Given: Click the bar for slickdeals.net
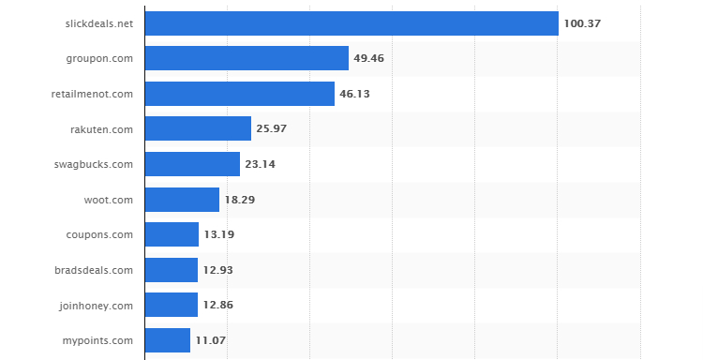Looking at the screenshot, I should point(351,23).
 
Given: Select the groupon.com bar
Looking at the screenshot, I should point(247,58).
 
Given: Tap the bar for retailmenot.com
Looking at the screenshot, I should point(240,94).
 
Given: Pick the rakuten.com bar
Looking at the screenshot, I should point(198,128).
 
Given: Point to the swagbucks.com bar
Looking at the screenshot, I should point(192,164).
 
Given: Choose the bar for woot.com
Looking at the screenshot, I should point(182,200).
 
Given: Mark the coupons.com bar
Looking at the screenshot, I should point(172,234).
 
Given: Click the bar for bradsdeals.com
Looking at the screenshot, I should point(172,270).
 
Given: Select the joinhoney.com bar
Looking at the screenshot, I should point(172,305).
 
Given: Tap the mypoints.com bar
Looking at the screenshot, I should point(168,340).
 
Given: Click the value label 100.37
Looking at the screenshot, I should point(582,23).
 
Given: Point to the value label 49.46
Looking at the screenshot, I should point(369,58).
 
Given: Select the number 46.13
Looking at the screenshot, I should point(355,94).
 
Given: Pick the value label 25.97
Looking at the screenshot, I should point(272,128).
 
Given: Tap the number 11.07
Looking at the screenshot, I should point(211,340).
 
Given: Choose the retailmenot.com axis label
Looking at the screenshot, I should point(92,94).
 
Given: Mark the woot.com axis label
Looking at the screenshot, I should point(109,200).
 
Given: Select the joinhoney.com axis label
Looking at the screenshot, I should point(96,305).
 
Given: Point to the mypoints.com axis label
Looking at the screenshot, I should point(97,340).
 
